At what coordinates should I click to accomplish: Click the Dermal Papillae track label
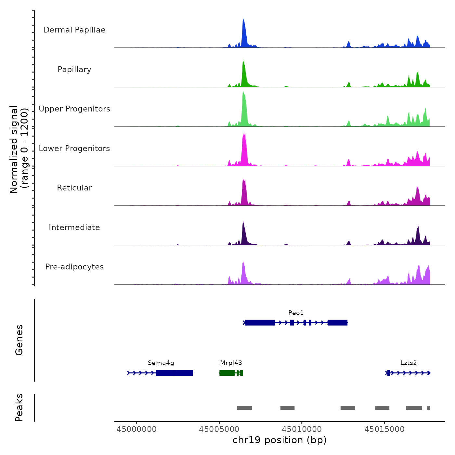[x=74, y=30]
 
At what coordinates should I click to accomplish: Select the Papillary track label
[x=74, y=70]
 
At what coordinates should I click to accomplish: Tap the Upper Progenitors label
[x=74, y=109]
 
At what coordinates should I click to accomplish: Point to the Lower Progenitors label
[x=74, y=149]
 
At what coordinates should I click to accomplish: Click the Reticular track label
[x=74, y=188]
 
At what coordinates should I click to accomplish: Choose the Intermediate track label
[x=74, y=227]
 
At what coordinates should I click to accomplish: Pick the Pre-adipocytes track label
[x=74, y=267]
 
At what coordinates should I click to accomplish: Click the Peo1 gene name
[x=296, y=313]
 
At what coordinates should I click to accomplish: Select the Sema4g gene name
[x=161, y=363]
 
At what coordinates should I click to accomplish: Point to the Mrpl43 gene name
[x=231, y=363]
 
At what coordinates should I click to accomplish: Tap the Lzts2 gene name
[x=409, y=363]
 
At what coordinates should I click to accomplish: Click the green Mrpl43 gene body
[x=227, y=373]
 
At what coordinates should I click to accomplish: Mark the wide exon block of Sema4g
[x=174, y=373]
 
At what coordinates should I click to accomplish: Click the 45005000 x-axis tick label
[x=219, y=429]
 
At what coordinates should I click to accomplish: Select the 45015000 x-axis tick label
[x=384, y=429]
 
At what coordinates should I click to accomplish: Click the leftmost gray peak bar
[x=244, y=408]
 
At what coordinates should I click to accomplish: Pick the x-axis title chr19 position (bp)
[x=279, y=440]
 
